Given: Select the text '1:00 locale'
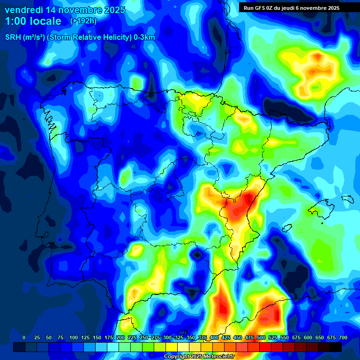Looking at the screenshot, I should (33, 21).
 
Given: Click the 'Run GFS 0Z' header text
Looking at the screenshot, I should (260, 8).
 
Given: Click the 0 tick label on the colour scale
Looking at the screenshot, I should (24, 337).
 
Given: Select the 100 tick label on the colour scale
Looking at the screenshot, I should (73, 337).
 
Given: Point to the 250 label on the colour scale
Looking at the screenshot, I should (143, 337).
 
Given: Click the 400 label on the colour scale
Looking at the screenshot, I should (214, 337).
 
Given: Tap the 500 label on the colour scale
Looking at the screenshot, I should (261, 337).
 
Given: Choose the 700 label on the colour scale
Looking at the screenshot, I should (343, 337).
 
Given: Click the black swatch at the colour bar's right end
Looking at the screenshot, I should (336, 347).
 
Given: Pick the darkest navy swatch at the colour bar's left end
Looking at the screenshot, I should (19, 347).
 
